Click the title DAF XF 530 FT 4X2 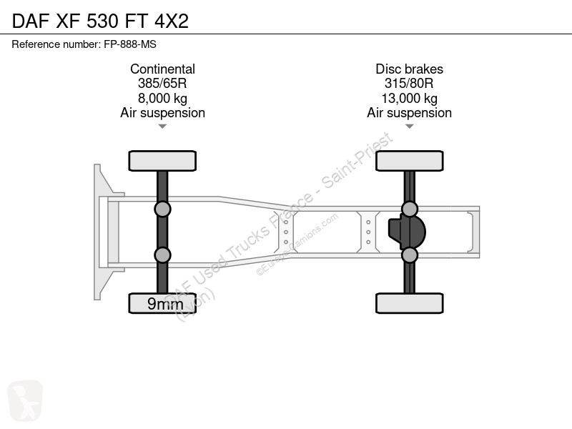click(x=100, y=21)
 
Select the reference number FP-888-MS click(x=130, y=44)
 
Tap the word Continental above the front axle click(x=162, y=69)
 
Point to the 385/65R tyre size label click(x=162, y=84)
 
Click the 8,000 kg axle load click(x=162, y=98)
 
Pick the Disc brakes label click(x=409, y=69)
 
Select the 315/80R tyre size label click(x=409, y=84)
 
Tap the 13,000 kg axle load click(x=409, y=98)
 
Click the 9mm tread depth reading click(x=165, y=303)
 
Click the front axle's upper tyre click(x=162, y=161)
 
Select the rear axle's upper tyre click(x=410, y=161)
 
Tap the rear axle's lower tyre click(x=410, y=303)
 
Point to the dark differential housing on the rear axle click(x=407, y=232)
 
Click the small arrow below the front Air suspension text click(x=162, y=127)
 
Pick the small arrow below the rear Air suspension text click(x=409, y=127)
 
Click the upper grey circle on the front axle click(x=162, y=209)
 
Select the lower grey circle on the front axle click(x=162, y=255)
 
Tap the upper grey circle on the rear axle click(x=410, y=209)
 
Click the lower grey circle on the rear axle click(x=410, y=255)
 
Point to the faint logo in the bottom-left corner click(x=25, y=400)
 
